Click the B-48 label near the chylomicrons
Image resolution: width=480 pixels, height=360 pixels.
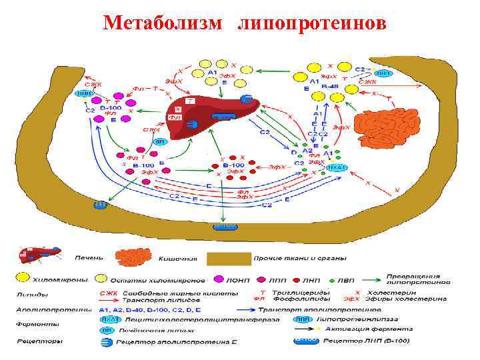pyautogui.click(x=329, y=87)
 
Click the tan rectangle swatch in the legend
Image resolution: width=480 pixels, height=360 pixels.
pyautogui.click(x=228, y=257)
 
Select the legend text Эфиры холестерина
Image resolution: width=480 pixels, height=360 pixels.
pyautogui.click(x=417, y=299)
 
